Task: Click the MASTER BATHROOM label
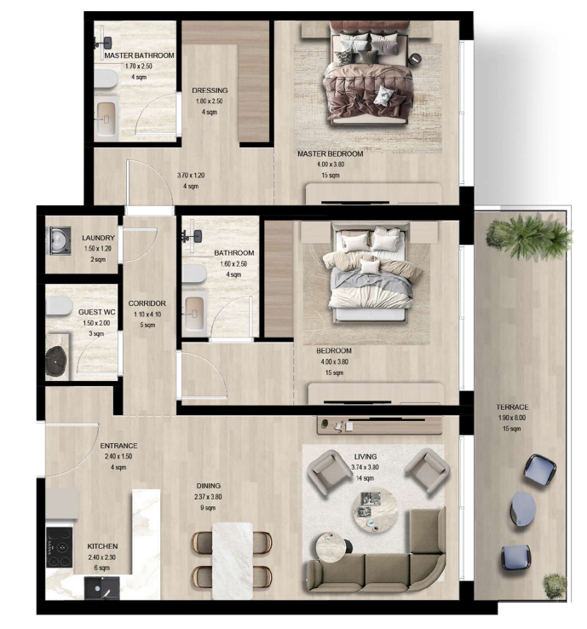pos(139,55)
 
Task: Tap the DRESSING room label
pos(210,90)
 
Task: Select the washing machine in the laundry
pos(60,240)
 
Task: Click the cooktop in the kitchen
pos(60,547)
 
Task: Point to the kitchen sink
pos(102,588)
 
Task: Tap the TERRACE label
pos(512,407)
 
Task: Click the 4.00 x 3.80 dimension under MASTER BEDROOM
pos(331,164)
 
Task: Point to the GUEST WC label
pos(96,312)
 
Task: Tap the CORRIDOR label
pos(147,303)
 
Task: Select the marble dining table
pos(233,561)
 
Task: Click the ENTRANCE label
pos(118,446)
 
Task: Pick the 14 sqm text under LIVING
pos(365,478)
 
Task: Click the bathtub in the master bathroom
pos(106,119)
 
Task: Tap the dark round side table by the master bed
pos(415,59)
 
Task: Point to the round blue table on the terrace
pos(523,509)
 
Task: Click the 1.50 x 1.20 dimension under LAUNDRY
pos(98,249)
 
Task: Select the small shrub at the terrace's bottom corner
pos(555,586)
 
